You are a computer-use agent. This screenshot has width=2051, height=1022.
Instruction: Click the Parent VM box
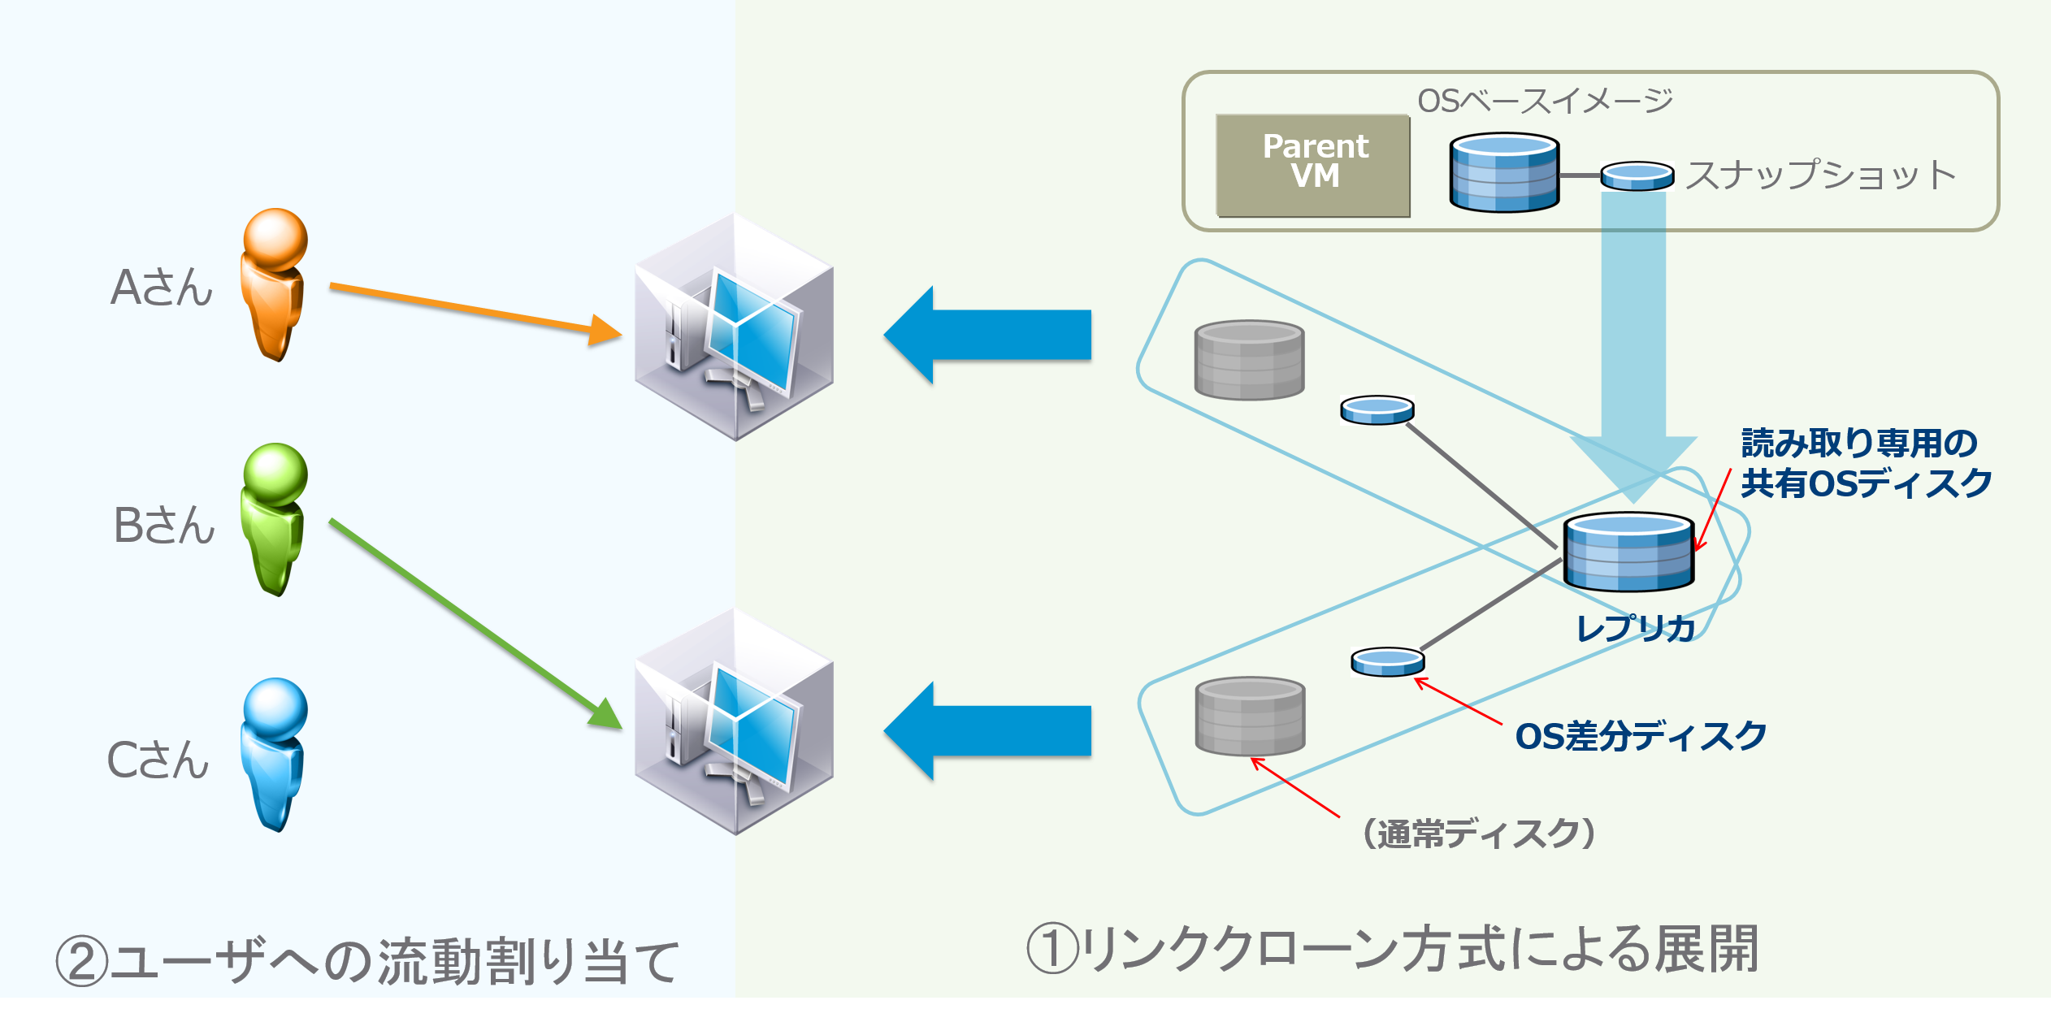coord(1313,166)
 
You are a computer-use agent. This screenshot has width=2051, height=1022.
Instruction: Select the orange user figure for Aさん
coord(274,284)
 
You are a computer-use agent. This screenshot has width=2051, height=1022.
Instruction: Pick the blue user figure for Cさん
coord(274,754)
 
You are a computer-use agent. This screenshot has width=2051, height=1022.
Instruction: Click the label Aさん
coord(162,288)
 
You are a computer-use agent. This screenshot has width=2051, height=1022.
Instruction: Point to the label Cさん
coord(158,760)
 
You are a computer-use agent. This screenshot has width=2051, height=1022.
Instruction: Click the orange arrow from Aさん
coord(471,312)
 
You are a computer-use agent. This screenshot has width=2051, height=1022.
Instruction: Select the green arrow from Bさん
coord(471,621)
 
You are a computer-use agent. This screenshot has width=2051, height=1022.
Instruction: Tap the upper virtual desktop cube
coord(734,327)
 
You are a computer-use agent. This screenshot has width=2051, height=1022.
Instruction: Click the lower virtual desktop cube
coord(734,721)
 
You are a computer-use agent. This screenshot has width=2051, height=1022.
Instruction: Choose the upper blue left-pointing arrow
coord(987,335)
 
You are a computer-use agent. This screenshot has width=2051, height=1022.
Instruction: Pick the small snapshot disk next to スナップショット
coord(1637,175)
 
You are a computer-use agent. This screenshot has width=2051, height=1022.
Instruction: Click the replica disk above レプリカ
coord(1628,552)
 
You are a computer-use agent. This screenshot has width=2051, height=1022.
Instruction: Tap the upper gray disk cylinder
coord(1249,360)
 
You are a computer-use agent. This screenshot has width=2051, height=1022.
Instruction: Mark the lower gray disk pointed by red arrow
coord(1250,717)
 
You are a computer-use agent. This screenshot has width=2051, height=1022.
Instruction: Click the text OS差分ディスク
coord(1641,736)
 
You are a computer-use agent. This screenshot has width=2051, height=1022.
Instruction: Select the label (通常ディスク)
coord(1478,834)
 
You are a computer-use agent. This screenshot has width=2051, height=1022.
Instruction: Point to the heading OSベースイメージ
coord(1545,101)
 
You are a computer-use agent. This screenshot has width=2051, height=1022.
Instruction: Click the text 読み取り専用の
coord(1858,444)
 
